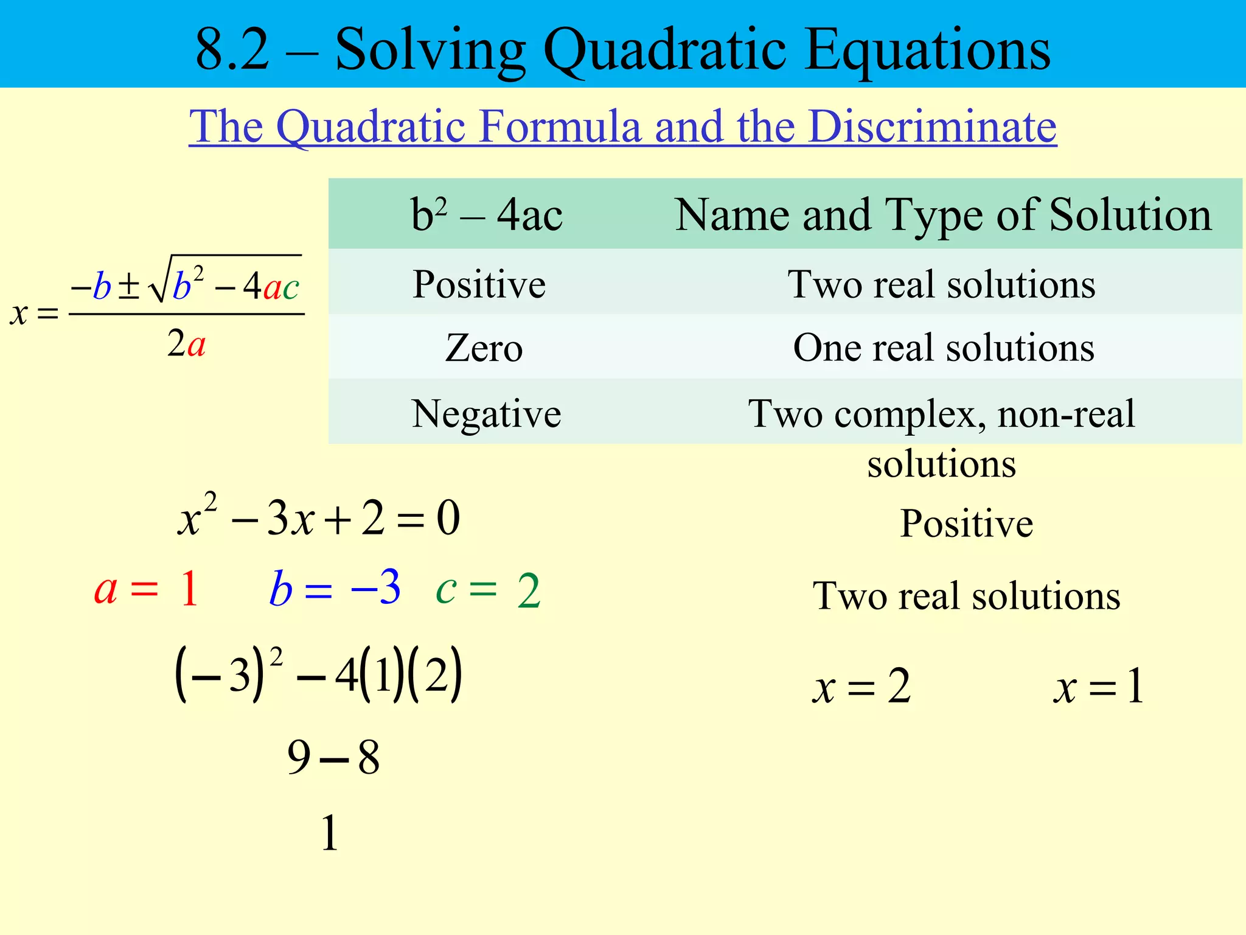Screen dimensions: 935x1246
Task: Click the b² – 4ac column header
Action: point(487,215)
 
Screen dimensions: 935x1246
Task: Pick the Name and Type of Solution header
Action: point(943,215)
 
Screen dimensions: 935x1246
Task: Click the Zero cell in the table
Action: point(484,348)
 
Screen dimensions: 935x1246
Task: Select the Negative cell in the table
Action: point(486,414)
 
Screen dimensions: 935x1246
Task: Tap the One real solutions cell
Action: point(944,348)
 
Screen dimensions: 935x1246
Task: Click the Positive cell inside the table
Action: point(479,284)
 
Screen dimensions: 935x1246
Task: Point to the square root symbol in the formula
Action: point(159,280)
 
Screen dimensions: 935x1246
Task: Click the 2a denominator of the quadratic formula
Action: point(186,344)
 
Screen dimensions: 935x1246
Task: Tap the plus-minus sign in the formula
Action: point(128,286)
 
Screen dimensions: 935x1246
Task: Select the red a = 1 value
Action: point(147,589)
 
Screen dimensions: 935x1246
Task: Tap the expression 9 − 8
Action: point(333,758)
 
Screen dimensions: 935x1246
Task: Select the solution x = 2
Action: point(861,687)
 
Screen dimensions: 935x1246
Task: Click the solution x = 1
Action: point(1099,687)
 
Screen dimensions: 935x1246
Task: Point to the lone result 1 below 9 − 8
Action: point(329,833)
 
